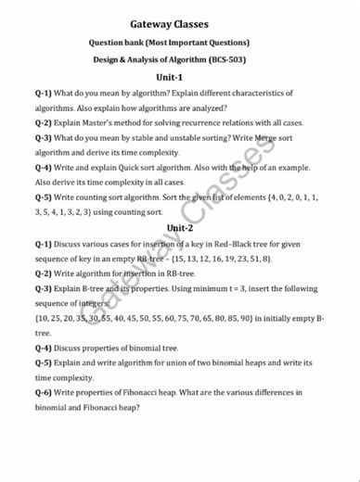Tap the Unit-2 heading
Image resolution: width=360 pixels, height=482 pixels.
(x=180, y=228)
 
